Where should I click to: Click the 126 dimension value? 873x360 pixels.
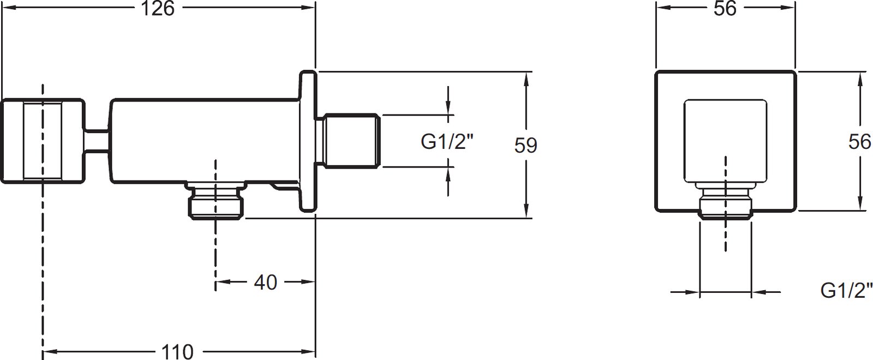pyautogui.click(x=158, y=8)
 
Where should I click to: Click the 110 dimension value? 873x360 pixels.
pyautogui.click(x=177, y=352)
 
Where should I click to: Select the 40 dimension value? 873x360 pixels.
pyautogui.click(x=265, y=282)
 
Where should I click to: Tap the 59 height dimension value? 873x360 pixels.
pyautogui.click(x=526, y=145)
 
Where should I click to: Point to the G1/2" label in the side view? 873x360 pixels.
pyautogui.click(x=447, y=141)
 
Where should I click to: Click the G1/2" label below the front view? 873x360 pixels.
pyautogui.click(x=846, y=290)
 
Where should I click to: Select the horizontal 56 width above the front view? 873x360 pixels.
pyautogui.click(x=725, y=8)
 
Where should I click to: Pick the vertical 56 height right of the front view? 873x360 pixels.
pyautogui.click(x=860, y=141)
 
